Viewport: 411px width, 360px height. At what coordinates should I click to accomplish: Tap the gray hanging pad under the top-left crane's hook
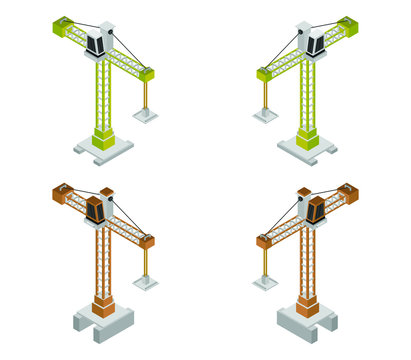pos(146,115)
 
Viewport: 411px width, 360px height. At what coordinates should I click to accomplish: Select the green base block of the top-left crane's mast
pos(103,138)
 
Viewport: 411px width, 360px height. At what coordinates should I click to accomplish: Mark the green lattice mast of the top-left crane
pos(103,95)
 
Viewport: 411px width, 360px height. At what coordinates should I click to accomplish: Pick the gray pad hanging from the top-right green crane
pos(265,115)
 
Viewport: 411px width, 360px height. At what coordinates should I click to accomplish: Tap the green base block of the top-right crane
pos(308,138)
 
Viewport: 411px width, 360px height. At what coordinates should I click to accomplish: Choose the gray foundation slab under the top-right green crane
pos(323,150)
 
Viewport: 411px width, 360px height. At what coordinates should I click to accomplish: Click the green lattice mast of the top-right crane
pos(308,95)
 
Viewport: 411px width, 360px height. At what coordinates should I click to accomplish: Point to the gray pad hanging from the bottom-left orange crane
pos(146,283)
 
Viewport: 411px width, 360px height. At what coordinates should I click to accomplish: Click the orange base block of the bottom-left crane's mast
pos(103,304)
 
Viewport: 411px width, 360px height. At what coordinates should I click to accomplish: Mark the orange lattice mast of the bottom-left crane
pos(103,260)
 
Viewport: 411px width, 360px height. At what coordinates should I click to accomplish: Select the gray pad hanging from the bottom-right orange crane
pos(265,283)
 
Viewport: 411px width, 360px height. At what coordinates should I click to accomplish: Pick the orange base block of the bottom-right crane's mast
pos(308,304)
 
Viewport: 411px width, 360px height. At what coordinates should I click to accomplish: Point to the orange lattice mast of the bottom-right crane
pos(308,260)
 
